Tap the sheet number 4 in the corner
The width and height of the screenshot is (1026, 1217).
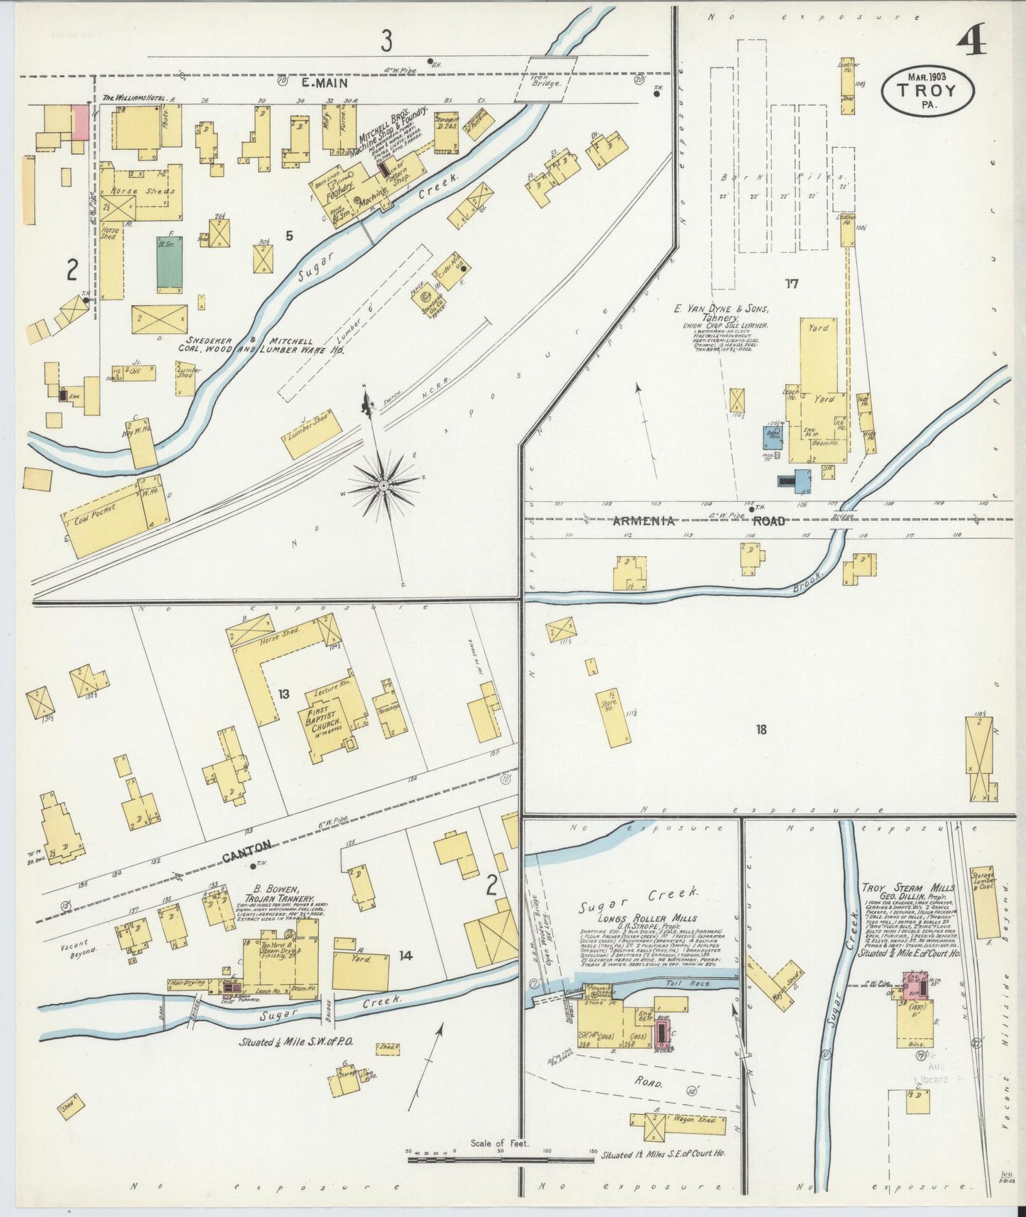[x=971, y=43]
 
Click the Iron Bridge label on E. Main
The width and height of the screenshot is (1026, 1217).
[x=547, y=77]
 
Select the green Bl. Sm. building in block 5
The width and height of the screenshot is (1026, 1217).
[x=170, y=262]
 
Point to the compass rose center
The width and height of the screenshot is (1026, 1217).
[x=384, y=485]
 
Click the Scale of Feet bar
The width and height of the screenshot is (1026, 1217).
[x=500, y=1160]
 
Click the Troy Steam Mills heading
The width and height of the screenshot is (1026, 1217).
[x=908, y=888]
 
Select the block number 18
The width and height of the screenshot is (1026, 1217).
[x=761, y=729]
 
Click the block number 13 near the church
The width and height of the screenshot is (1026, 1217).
[x=283, y=694]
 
